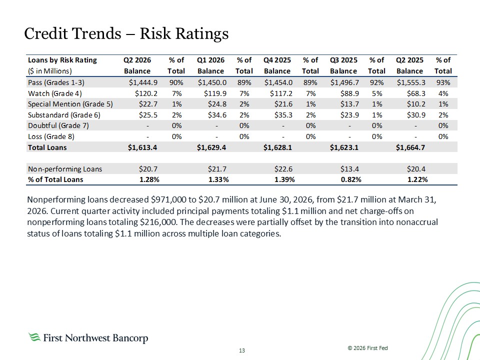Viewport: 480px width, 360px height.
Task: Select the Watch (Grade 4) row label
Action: coord(55,93)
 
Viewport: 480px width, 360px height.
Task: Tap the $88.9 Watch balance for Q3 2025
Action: coord(349,93)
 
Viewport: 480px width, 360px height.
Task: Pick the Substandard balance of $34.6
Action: coord(217,115)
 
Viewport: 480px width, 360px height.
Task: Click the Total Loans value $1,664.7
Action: coord(410,147)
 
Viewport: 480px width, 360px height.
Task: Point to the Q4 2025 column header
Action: coord(277,60)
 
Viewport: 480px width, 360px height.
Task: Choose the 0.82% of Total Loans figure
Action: coord(351,179)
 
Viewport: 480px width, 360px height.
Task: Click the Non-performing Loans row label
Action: coord(65,169)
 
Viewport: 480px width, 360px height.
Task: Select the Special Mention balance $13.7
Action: coord(349,104)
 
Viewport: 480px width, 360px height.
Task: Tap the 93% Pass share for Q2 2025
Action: coord(443,82)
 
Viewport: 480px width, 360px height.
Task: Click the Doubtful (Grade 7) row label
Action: coord(58,125)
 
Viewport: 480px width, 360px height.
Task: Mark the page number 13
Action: coord(242,350)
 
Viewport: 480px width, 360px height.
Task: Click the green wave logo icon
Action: coord(34,337)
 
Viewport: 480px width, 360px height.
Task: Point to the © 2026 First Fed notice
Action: coord(367,348)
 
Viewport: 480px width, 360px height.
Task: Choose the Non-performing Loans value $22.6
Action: coord(283,169)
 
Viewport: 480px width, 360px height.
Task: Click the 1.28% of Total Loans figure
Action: coord(149,179)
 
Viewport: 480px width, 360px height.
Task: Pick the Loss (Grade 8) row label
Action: coord(51,136)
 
